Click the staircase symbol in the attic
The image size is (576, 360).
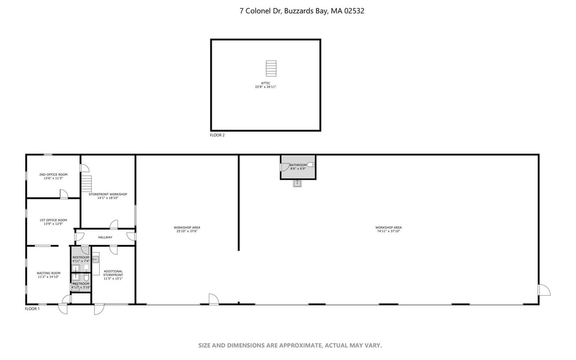[x=271, y=67]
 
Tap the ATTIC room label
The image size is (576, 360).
[x=266, y=83]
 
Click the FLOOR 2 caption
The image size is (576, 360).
[x=217, y=135]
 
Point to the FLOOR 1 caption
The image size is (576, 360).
[x=32, y=309]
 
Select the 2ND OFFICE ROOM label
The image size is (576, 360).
[x=53, y=174]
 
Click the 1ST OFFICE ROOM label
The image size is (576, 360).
[x=53, y=220]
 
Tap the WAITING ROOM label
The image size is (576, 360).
[x=48, y=273]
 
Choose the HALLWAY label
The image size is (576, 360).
[x=105, y=237]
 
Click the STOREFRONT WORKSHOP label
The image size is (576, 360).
[x=108, y=194]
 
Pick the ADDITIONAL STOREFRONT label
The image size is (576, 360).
[x=113, y=271]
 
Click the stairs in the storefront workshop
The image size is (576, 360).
[x=86, y=183]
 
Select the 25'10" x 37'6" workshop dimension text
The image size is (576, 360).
[x=187, y=231]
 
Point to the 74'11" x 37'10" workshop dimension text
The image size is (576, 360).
[x=389, y=231]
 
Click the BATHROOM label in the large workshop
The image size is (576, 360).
[x=298, y=165]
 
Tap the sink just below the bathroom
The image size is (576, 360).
[x=297, y=183]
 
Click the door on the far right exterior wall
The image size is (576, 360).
[x=544, y=290]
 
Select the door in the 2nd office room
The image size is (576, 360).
[x=64, y=194]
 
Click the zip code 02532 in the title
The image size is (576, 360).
[x=354, y=10]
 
